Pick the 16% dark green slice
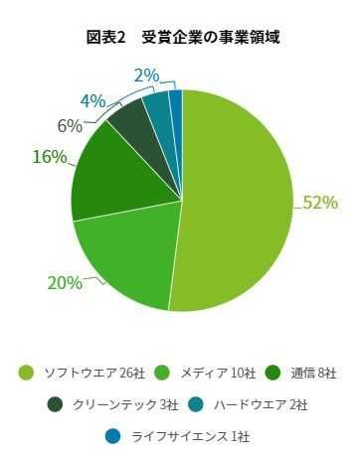(107, 179)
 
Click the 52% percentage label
(320, 203)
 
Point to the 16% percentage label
(49, 156)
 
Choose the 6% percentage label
(69, 125)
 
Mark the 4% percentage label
(92, 100)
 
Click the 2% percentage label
(146, 75)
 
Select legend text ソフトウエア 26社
(95, 373)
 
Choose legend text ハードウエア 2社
(262, 404)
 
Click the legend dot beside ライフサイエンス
(111, 436)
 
